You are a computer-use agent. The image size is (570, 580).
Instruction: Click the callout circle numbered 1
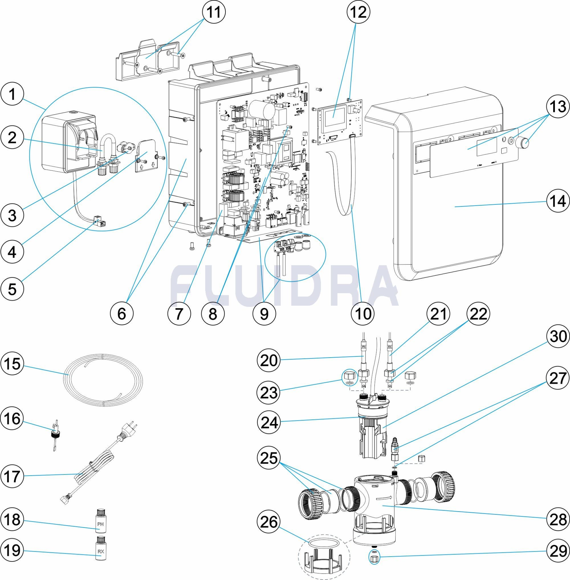pos(12,95)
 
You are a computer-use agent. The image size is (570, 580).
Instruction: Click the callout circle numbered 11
pos(214,12)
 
